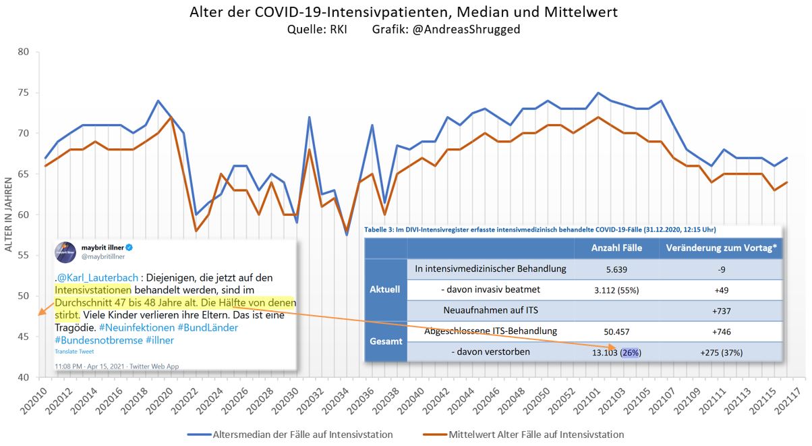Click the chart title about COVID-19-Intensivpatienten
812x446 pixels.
pyautogui.click(x=403, y=12)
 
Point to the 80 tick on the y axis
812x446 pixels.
pyautogui.click(x=23, y=52)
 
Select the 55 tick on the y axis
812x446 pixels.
pyautogui.click(x=23, y=256)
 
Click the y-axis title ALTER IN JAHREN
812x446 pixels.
pyautogui.click(x=9, y=215)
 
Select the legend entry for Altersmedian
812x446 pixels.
pyautogui.click(x=291, y=434)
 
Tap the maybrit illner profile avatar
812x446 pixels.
pyautogui.click(x=65, y=252)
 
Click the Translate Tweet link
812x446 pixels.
pyautogui.click(x=74, y=352)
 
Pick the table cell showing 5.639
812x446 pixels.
pyautogui.click(x=616, y=269)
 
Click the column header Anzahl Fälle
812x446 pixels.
pyautogui.click(x=616, y=248)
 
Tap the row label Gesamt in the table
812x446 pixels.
pyautogui.click(x=385, y=341)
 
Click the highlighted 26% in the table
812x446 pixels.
pyautogui.click(x=631, y=352)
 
